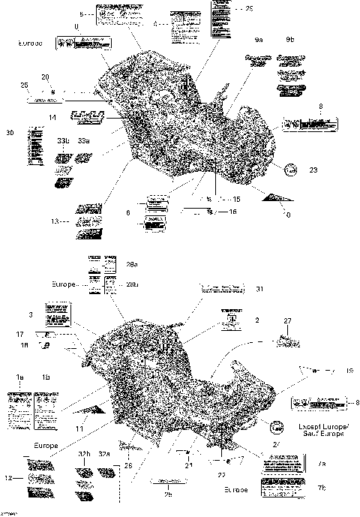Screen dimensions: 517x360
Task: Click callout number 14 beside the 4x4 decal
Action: pos(52,118)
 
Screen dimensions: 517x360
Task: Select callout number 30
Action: pos(10,133)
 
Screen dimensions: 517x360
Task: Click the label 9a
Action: pos(259,38)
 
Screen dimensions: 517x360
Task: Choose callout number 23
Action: pos(313,170)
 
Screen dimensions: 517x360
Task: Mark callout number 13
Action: pos(55,222)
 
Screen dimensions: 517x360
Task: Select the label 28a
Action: pos(132,264)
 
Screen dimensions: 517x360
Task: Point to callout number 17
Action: pos(20,332)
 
